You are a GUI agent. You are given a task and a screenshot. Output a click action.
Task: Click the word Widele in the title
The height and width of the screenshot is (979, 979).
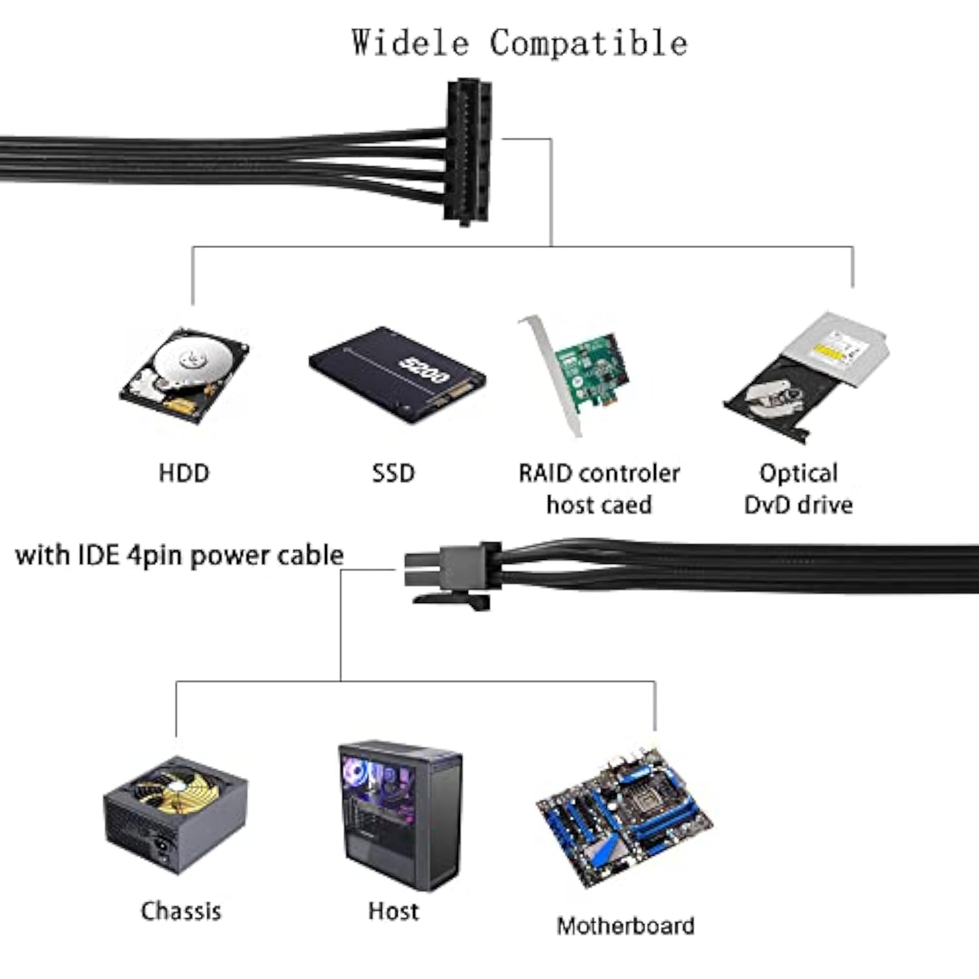[410, 43]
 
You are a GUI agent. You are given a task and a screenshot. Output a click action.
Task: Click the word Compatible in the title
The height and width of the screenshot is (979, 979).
[588, 43]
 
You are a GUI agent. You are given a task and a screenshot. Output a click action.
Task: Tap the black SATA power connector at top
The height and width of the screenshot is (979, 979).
[467, 151]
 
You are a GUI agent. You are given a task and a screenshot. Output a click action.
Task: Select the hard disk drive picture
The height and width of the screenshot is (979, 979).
[184, 375]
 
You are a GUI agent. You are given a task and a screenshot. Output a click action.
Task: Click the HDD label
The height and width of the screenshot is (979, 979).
[184, 473]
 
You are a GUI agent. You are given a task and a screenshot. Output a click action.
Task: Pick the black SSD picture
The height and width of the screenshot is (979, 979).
[397, 375]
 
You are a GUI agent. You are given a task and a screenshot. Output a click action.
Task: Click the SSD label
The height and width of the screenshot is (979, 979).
[393, 473]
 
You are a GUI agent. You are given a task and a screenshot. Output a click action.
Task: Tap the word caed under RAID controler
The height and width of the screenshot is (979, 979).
[627, 505]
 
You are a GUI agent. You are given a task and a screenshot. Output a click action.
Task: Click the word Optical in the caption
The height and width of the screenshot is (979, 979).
[798, 473]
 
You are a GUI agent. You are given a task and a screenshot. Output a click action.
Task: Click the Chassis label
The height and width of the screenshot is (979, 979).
[181, 911]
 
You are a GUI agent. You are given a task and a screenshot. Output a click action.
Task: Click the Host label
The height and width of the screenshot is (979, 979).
[393, 911]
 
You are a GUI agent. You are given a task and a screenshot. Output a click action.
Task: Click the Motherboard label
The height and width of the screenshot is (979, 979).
[625, 926]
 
